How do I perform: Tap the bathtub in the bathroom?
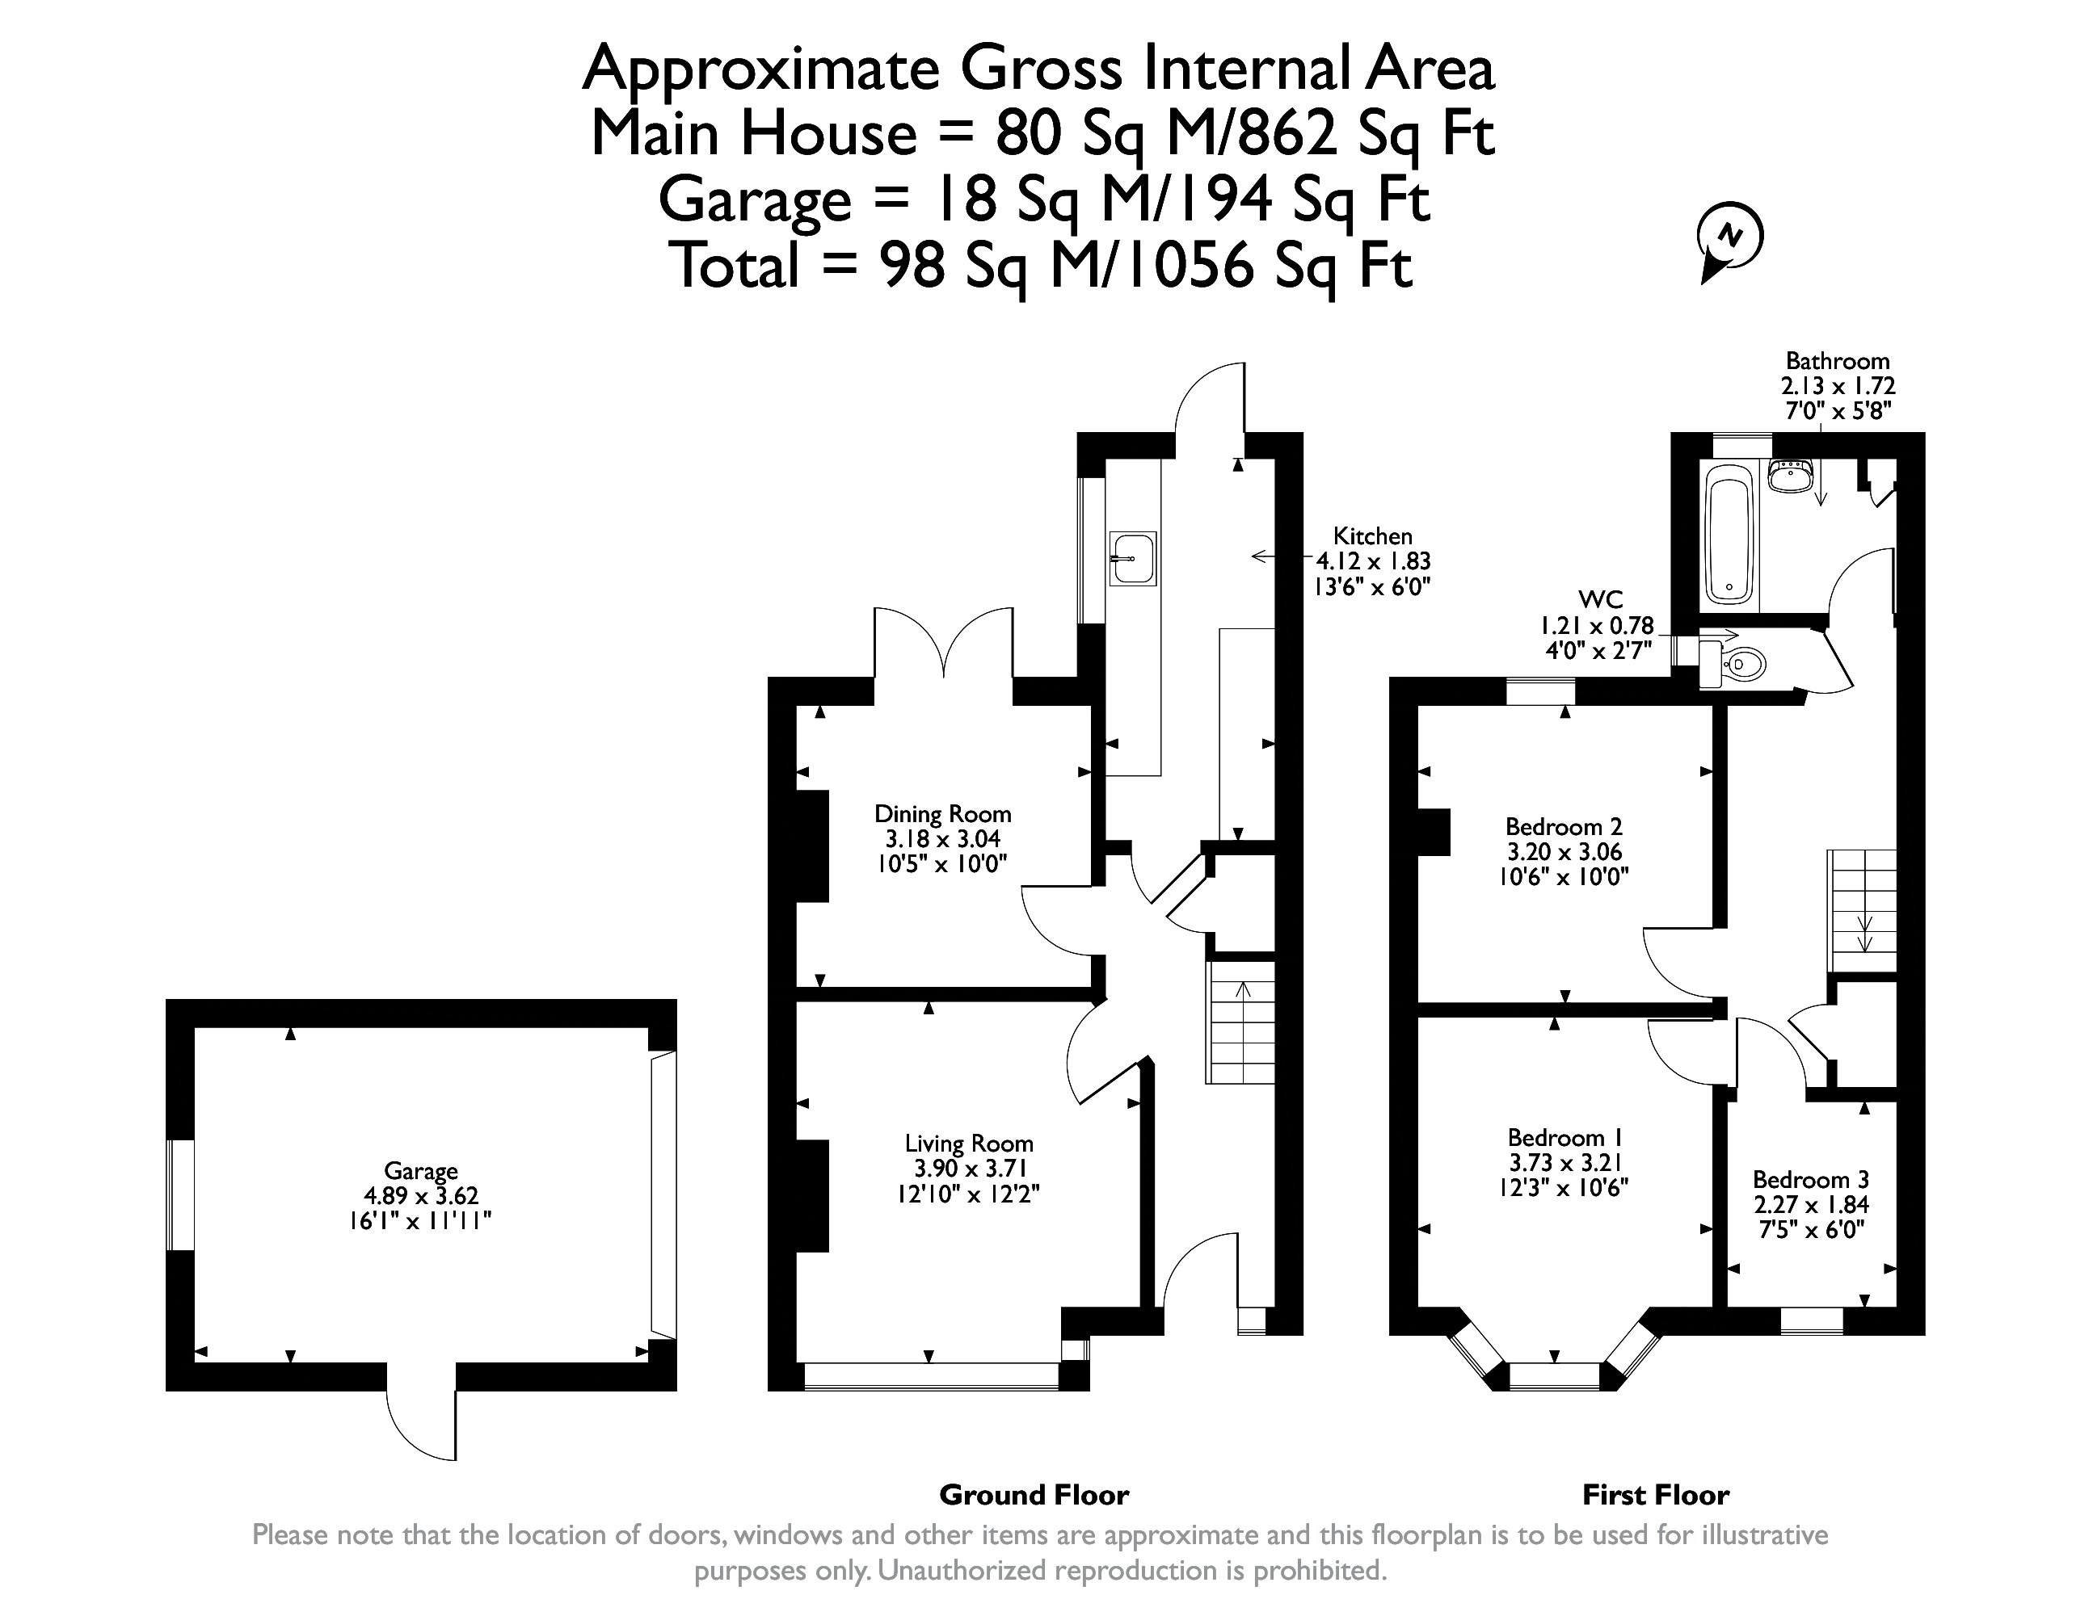(x=1730, y=535)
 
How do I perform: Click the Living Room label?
(x=969, y=1144)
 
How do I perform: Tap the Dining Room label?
(x=943, y=814)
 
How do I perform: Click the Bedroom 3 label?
(x=1811, y=1180)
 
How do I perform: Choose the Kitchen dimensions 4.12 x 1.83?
(x=1373, y=562)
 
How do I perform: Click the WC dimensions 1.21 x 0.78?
(x=1597, y=626)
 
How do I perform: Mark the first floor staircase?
(x=1862, y=912)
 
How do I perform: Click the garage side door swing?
(x=422, y=1425)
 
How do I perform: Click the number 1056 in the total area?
(x=1189, y=266)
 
